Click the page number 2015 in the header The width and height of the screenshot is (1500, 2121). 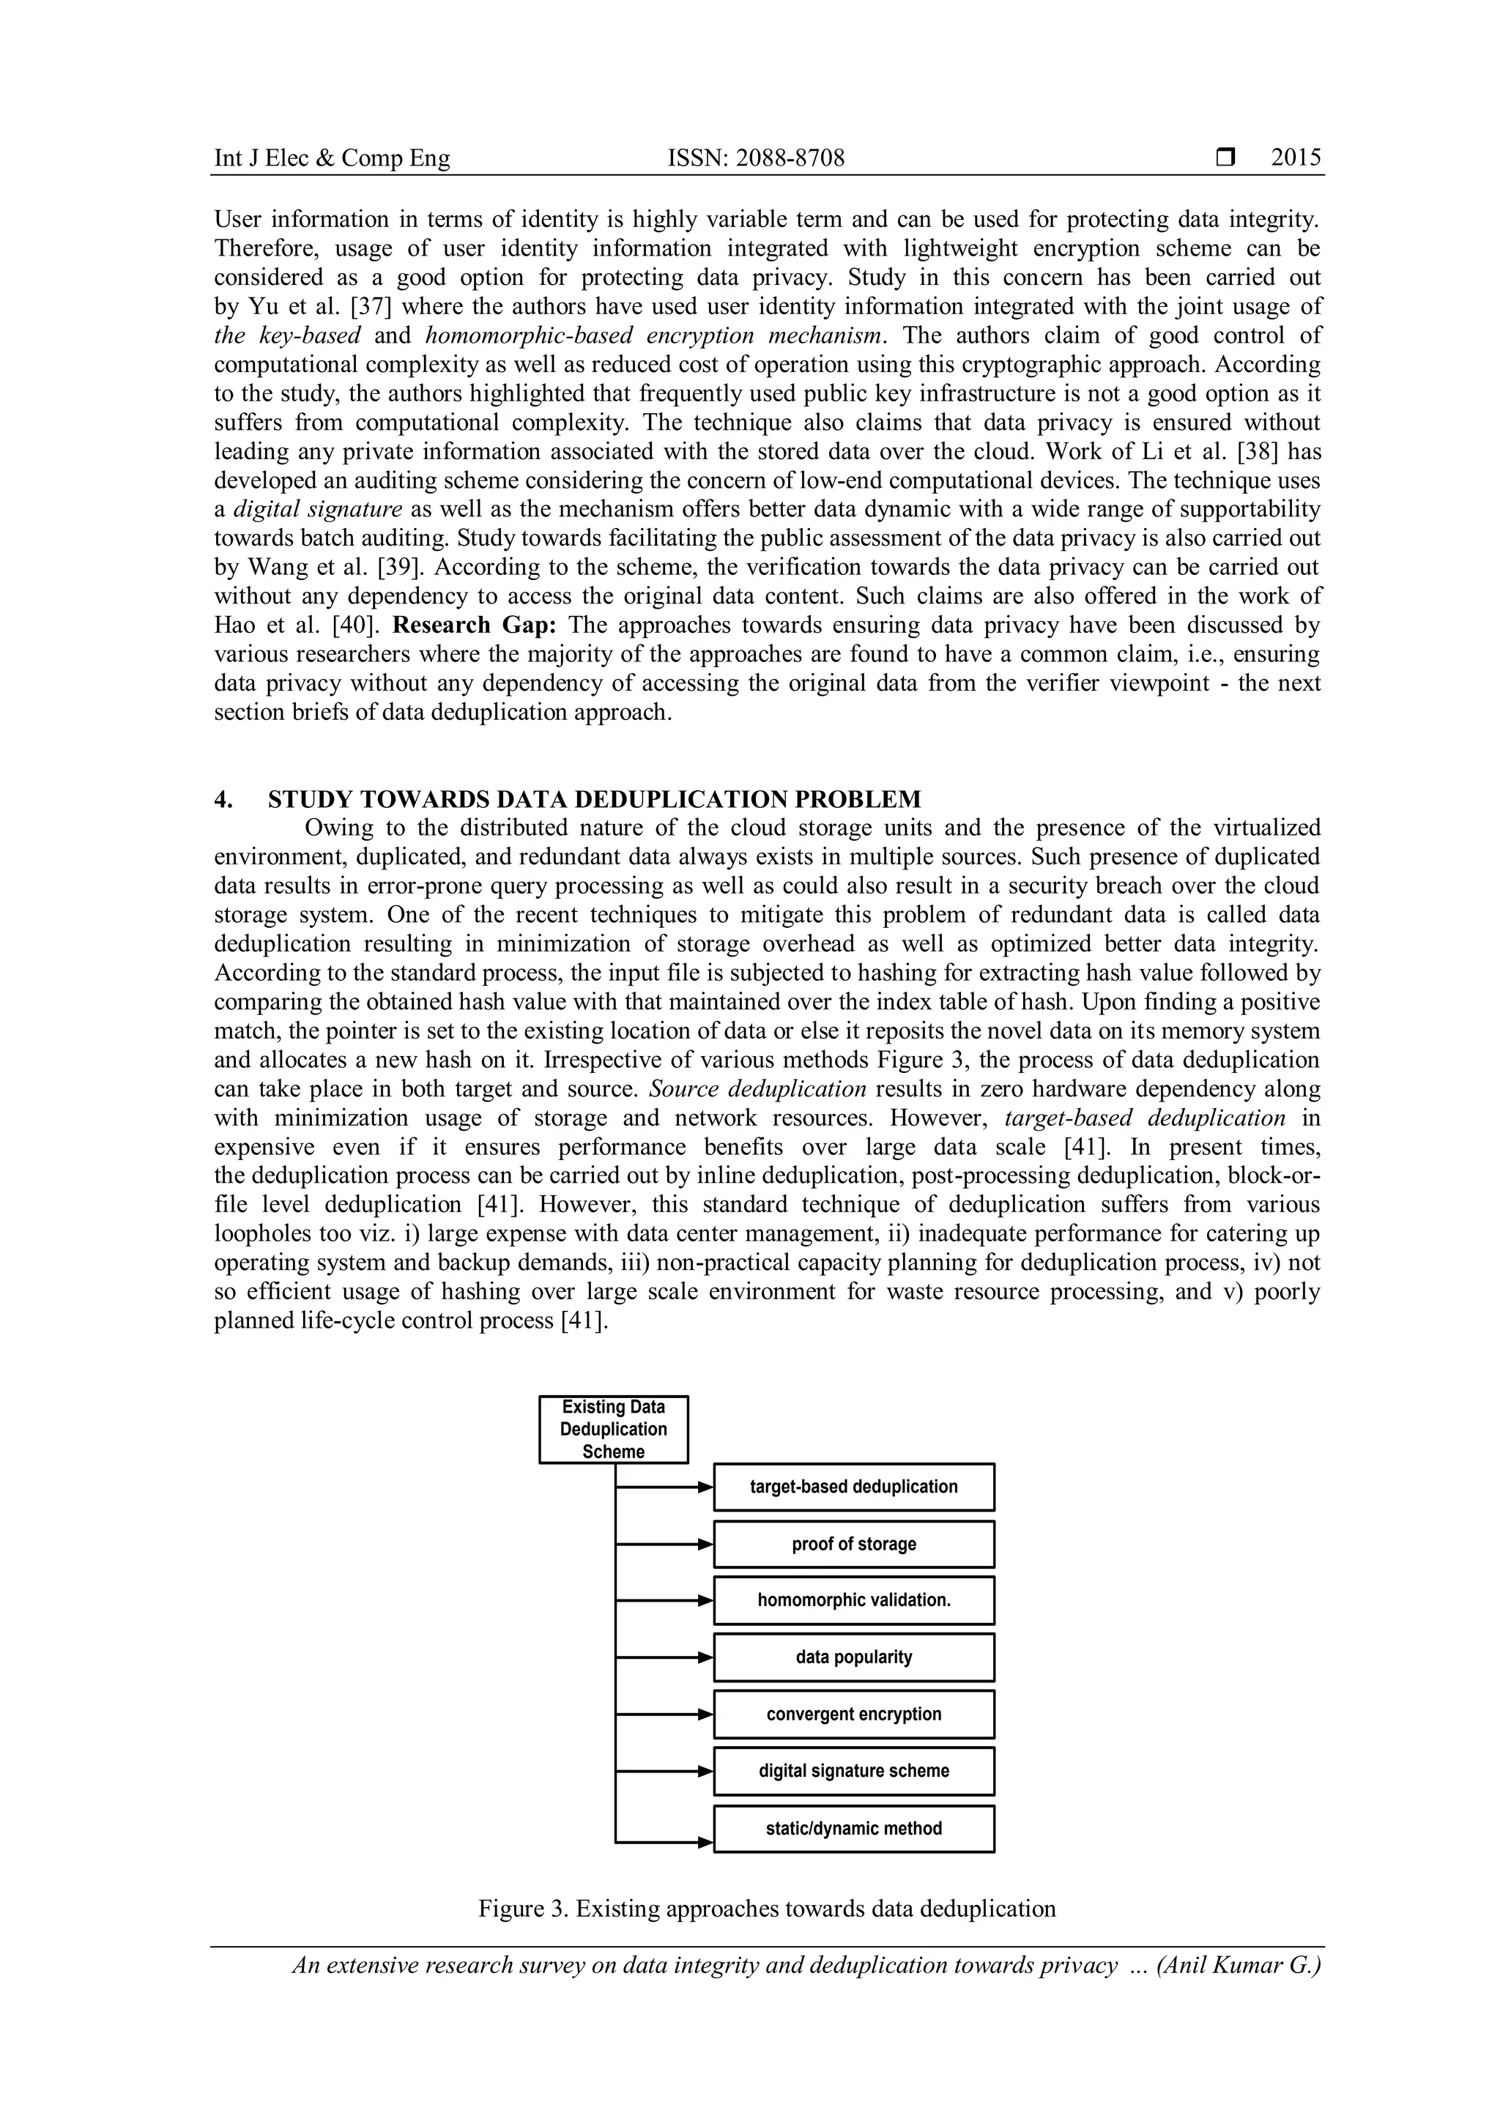coord(1295,158)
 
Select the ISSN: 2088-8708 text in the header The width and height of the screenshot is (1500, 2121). coord(756,159)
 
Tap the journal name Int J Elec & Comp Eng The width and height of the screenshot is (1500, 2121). coord(332,159)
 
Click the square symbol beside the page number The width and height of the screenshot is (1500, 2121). coord(1225,158)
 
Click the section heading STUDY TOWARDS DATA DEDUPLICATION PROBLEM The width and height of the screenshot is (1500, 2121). coord(594,799)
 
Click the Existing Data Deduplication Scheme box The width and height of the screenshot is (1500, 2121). coord(613,1429)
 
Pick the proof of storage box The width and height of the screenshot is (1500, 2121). coord(853,1544)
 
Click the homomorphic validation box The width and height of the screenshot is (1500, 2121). coord(853,1600)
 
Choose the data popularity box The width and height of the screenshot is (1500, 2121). coord(853,1657)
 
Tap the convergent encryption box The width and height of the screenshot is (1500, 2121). coord(853,1714)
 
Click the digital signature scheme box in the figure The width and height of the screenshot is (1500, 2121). coord(853,1771)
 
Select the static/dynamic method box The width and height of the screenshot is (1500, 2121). coord(853,1828)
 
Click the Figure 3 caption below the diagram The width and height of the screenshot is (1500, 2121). coord(767,1909)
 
